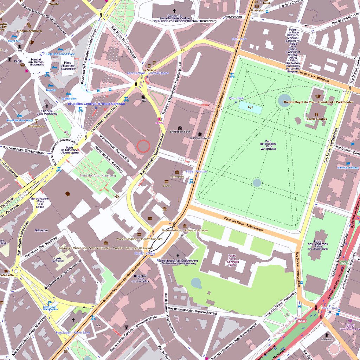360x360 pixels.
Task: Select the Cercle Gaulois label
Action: pos(316,119)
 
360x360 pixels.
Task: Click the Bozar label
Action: pos(166,186)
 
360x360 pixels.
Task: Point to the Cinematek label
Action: pos(177,176)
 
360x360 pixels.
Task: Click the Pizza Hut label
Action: pos(257,11)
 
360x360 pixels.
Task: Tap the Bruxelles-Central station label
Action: pos(96,104)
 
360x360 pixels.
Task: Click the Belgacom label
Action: pos(41,230)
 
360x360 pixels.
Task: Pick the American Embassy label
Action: pos(348,168)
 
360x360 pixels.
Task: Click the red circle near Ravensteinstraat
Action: pos(143,146)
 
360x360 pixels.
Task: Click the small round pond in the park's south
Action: pos(257,183)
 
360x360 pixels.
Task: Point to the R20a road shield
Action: pos(301,321)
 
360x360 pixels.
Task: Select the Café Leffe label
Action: pos(6,275)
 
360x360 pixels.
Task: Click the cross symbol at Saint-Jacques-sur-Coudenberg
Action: pos(178,255)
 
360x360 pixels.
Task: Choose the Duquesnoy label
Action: pos(37,126)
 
